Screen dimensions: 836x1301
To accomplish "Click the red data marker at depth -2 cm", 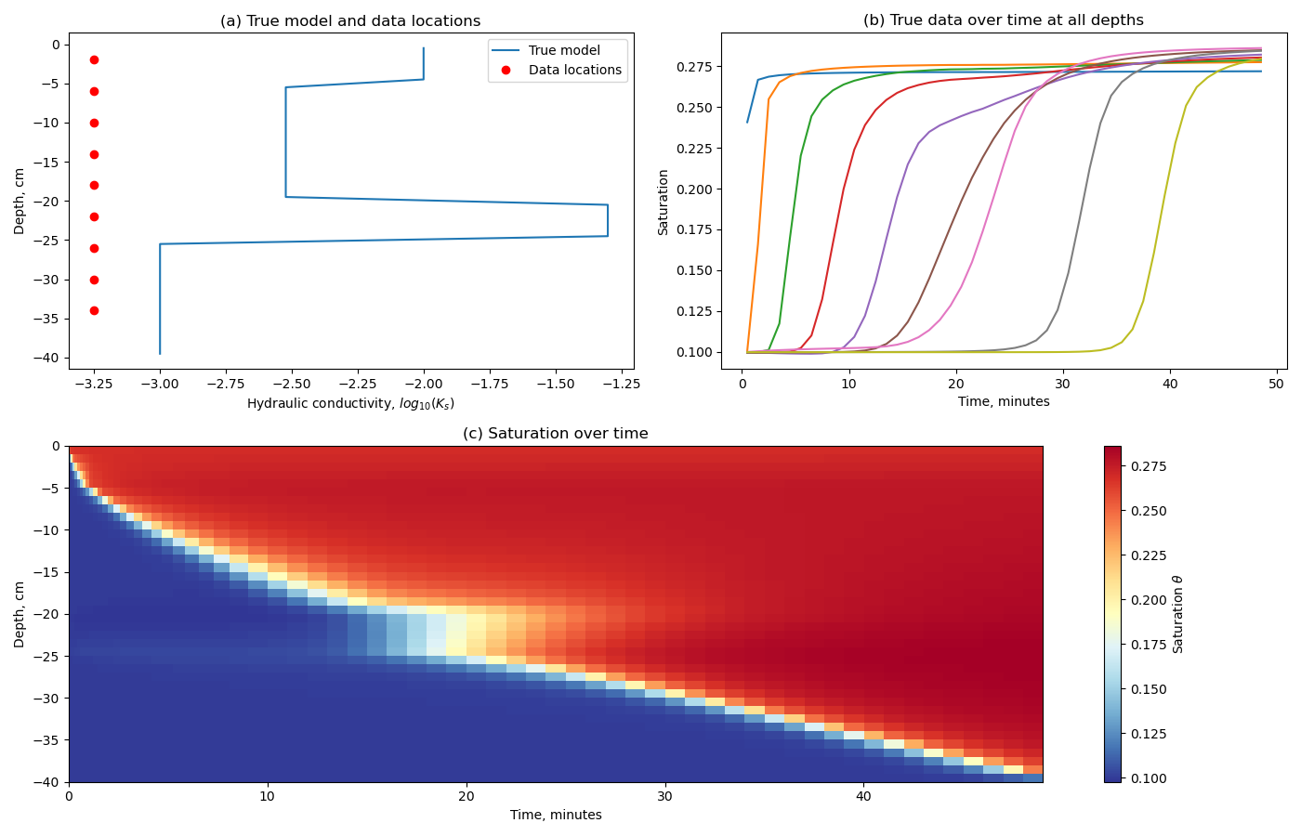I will tap(94, 59).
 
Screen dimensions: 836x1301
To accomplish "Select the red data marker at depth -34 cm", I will tap(94, 310).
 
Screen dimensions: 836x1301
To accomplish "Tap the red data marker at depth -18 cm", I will tap(94, 185).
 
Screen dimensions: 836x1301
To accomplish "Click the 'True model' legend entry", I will tap(563, 51).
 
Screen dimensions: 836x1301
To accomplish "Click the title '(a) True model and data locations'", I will tap(350, 20).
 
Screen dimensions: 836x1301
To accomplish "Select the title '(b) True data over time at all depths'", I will tap(1004, 20).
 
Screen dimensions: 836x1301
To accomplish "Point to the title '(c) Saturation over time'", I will tap(556, 434).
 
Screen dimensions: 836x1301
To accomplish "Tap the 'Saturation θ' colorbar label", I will tap(1178, 614).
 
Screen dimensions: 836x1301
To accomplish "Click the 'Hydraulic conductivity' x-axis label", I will tap(350, 404).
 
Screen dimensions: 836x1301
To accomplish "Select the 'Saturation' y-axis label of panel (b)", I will tap(664, 202).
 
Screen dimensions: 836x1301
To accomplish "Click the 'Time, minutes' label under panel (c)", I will tap(556, 816).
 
